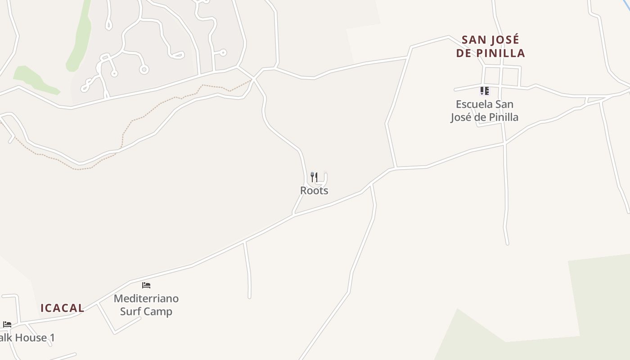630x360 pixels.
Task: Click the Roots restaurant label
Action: pyautogui.click(x=314, y=190)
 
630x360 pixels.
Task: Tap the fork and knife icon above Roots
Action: pyautogui.click(x=314, y=177)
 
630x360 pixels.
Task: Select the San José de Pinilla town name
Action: pyautogui.click(x=490, y=46)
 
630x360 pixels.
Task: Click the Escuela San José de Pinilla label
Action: pyautogui.click(x=485, y=111)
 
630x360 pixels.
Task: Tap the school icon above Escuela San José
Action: pyautogui.click(x=484, y=91)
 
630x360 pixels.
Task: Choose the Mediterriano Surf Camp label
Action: pyautogui.click(x=146, y=305)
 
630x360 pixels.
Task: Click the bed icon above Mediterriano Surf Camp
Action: pyautogui.click(x=146, y=285)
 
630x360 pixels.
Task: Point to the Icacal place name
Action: pyautogui.click(x=63, y=308)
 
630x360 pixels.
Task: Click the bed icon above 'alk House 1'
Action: pyautogui.click(x=7, y=324)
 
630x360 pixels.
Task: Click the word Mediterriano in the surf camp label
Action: pyautogui.click(x=146, y=298)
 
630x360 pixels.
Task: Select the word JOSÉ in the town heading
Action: pyautogui.click(x=504, y=40)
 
